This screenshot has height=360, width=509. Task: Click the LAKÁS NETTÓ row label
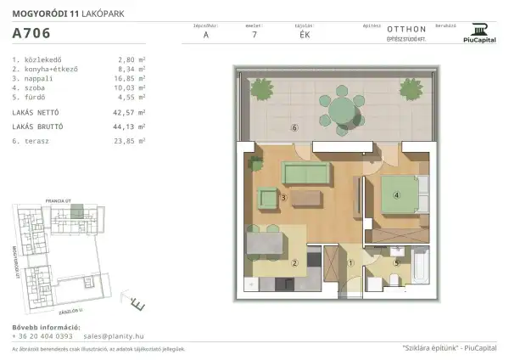click(x=39, y=111)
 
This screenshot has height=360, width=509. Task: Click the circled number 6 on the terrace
click(x=294, y=128)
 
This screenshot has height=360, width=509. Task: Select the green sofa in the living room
click(x=306, y=173)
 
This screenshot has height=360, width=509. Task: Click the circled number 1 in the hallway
click(x=350, y=262)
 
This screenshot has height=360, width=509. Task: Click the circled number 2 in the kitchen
click(x=294, y=262)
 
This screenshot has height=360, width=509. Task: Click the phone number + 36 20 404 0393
click(x=42, y=336)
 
